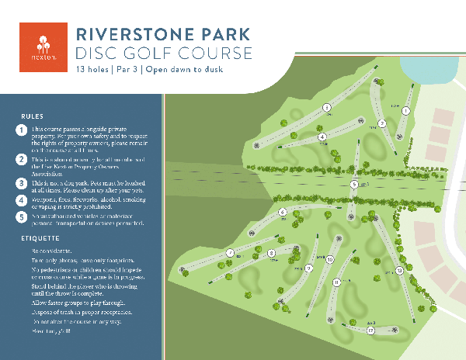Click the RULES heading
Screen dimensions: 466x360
[x=32, y=116]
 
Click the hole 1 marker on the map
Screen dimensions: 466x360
[x=405, y=110]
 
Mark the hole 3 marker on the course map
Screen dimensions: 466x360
[x=327, y=107]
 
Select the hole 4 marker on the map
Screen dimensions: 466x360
[x=322, y=137]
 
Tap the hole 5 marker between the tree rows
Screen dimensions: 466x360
[x=353, y=185]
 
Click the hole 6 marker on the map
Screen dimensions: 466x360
[x=283, y=212]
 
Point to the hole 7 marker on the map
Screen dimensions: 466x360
[x=230, y=252]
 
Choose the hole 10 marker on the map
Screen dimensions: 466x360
[x=330, y=260]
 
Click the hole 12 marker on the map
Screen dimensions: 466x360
[x=371, y=331]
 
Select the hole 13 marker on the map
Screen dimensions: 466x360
[x=398, y=270]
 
